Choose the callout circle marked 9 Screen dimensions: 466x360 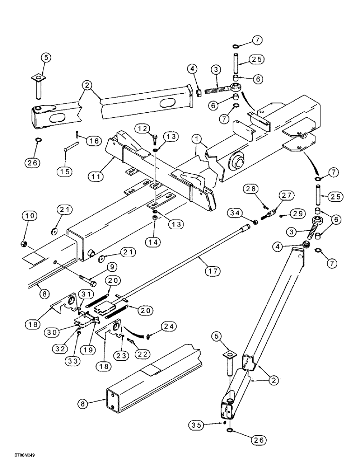[x=111, y=267]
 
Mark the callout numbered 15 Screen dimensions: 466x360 [x=65, y=172]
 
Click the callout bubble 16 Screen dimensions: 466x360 [x=94, y=140]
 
